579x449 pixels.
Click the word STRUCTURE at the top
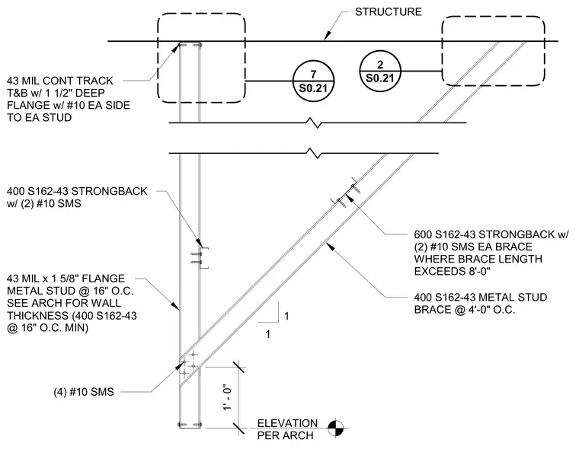tap(388, 12)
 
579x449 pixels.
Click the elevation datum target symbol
tap(336, 428)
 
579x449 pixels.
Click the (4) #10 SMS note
tap(84, 392)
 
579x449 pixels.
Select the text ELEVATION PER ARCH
tap(287, 429)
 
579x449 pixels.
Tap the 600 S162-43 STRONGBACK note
tap(491, 253)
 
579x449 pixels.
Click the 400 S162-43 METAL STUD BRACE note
tap(481, 304)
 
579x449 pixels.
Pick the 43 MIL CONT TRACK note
tap(69, 99)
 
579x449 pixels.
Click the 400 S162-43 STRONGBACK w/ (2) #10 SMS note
tap(77, 197)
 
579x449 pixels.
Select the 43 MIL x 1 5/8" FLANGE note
tap(72, 303)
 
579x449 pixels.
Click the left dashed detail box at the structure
tap(201, 14)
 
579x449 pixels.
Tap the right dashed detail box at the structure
tap(494, 17)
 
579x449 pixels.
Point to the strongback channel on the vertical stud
tap(205, 257)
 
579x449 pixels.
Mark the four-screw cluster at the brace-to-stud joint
tap(189, 365)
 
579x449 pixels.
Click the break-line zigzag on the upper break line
tap(315, 123)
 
